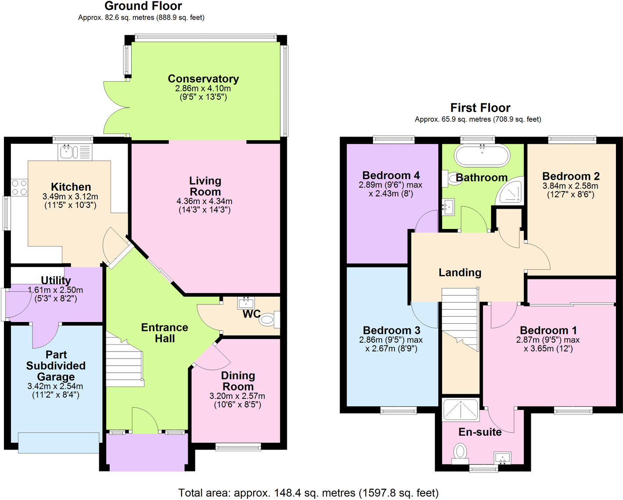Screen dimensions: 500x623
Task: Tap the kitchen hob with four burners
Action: (19, 188)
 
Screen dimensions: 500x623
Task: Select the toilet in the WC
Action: (269, 319)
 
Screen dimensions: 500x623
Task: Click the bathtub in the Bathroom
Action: (482, 155)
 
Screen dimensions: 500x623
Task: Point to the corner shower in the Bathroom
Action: (512, 192)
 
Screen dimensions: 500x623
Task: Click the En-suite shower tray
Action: (460, 410)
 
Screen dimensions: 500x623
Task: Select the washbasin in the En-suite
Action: (502, 458)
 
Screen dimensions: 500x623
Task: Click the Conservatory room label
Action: (203, 79)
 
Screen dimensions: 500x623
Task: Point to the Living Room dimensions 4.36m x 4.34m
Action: (204, 201)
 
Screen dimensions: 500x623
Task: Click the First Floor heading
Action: (480, 108)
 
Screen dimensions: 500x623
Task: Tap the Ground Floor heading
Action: (143, 6)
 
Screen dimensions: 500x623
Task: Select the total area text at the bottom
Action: (308, 493)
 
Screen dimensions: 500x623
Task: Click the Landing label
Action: (460, 273)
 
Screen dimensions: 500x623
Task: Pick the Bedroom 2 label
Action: (570, 176)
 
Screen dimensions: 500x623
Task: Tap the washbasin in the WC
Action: (246, 303)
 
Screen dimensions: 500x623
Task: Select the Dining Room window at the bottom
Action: (238, 447)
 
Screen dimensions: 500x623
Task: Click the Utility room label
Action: (56, 280)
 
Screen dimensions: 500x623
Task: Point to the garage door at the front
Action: (58, 442)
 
